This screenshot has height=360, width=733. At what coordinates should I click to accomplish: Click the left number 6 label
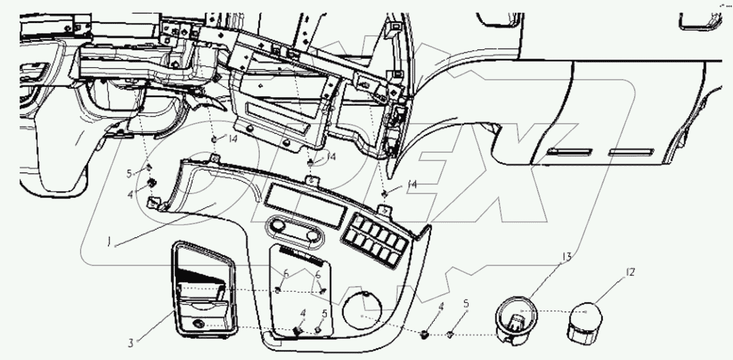286,273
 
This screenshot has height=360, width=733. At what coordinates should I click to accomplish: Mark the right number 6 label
319,275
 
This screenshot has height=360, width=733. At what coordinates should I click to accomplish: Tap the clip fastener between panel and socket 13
425,334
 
